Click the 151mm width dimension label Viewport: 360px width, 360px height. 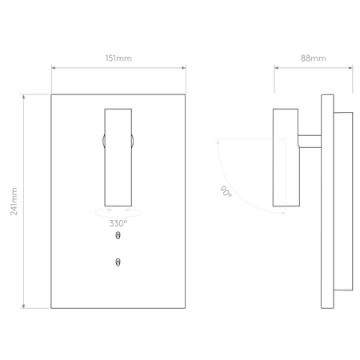click(118, 58)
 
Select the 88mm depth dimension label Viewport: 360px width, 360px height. click(314, 58)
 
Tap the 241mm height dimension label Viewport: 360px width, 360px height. click(14, 202)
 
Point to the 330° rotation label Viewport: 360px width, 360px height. click(118, 223)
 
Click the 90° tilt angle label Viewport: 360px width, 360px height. click(226, 191)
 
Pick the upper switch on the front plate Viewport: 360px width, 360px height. click(118, 236)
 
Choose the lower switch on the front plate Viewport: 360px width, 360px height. click(118, 262)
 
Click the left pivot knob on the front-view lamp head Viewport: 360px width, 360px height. click(103, 141)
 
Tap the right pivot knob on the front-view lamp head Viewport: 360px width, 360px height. click(132, 141)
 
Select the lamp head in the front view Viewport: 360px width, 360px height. click(118, 158)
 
